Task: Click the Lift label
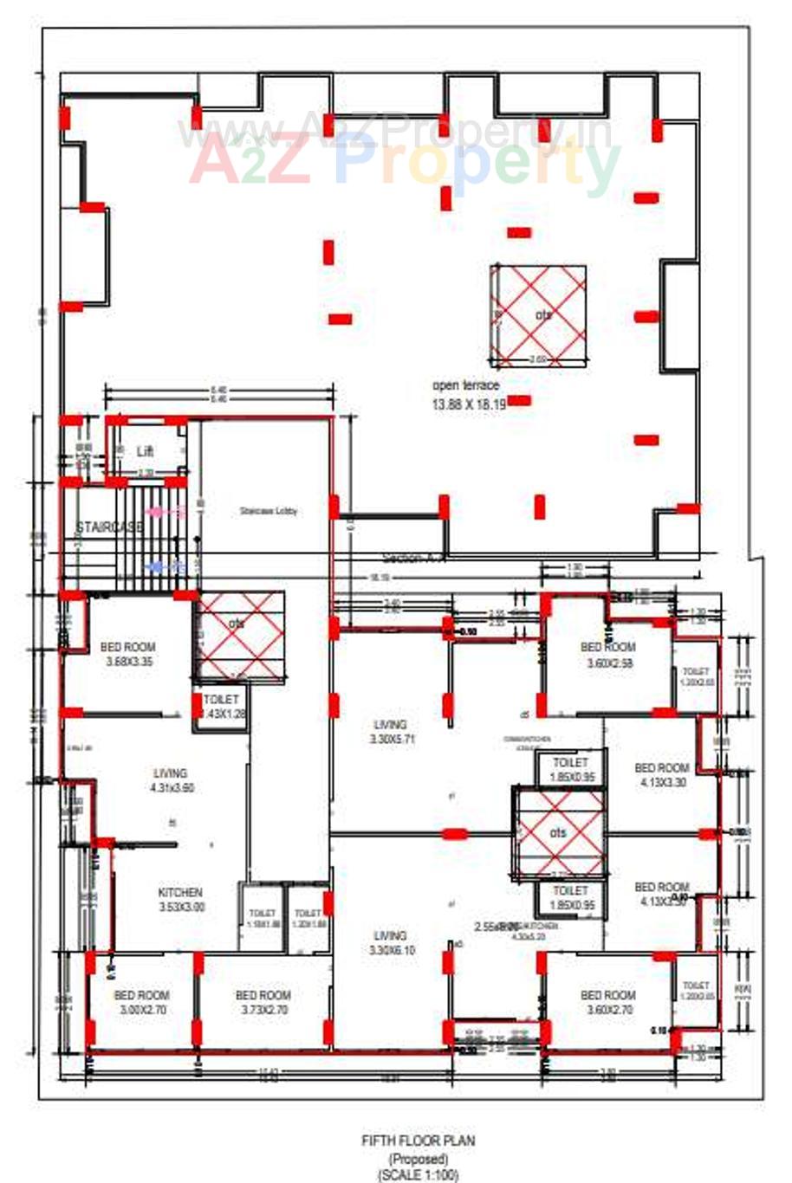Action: (145, 451)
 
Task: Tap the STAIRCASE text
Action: (109, 527)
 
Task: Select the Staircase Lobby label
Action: (269, 511)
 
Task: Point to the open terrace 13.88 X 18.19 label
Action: (467, 394)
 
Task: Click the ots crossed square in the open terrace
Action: (537, 315)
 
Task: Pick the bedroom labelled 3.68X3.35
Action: (128, 654)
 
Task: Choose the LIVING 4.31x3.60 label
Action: (171, 780)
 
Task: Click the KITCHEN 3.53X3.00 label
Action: (181, 899)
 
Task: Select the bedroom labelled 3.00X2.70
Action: (141, 1002)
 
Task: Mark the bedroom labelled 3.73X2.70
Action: (263, 1002)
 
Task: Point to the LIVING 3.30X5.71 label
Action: (390, 732)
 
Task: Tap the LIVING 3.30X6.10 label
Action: (390, 942)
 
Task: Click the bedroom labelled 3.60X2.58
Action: (607, 654)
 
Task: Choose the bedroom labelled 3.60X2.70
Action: (607, 1002)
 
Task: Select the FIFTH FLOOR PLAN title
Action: (418, 1141)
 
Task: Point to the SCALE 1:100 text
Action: (418, 1175)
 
